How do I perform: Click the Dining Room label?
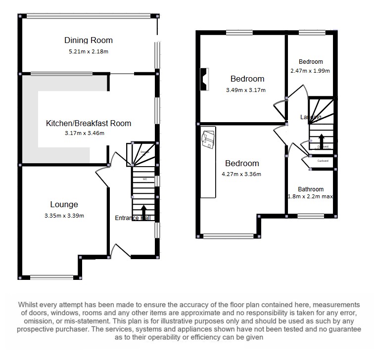[89, 40]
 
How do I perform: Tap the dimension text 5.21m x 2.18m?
[89, 51]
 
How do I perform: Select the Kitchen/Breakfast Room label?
[89, 123]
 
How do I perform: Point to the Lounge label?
[64, 204]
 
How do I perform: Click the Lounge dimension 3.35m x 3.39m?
[64, 215]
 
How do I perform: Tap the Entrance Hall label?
[133, 218]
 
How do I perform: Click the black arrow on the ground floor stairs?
[144, 210]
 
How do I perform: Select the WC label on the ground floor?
[145, 179]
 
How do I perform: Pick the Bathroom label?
[311, 189]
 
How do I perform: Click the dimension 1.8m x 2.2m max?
[310, 197]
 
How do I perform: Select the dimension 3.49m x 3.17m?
[246, 90]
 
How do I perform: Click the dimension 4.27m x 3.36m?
[242, 174]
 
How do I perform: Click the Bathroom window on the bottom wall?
[311, 216]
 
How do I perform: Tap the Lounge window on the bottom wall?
[51, 277]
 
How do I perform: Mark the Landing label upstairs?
[311, 117]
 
